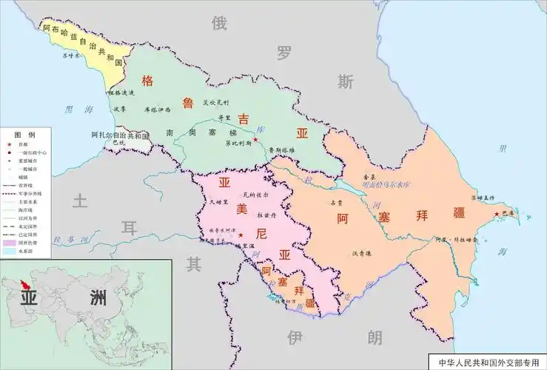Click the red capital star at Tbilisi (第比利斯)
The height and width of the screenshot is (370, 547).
point(255,139)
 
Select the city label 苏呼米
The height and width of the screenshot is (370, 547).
point(70,55)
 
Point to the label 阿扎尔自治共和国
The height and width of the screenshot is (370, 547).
point(121,136)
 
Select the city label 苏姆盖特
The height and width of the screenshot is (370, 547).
point(483,198)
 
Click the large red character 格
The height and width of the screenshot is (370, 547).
point(148,81)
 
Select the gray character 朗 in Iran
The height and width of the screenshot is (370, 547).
point(375,339)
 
